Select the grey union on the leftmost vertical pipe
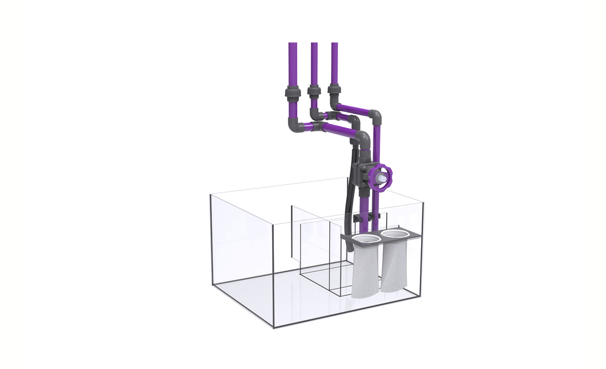[x=293, y=92]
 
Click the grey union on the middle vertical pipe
[x=314, y=91]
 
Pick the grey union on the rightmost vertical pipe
[x=334, y=90]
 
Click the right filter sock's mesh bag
[x=393, y=268]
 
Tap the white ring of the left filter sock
[x=367, y=239]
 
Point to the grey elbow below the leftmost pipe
[x=294, y=124]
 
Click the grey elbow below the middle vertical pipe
[x=315, y=114]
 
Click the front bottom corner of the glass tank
[x=273, y=328]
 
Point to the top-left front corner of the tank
[x=210, y=195]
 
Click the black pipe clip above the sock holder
[x=357, y=219]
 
